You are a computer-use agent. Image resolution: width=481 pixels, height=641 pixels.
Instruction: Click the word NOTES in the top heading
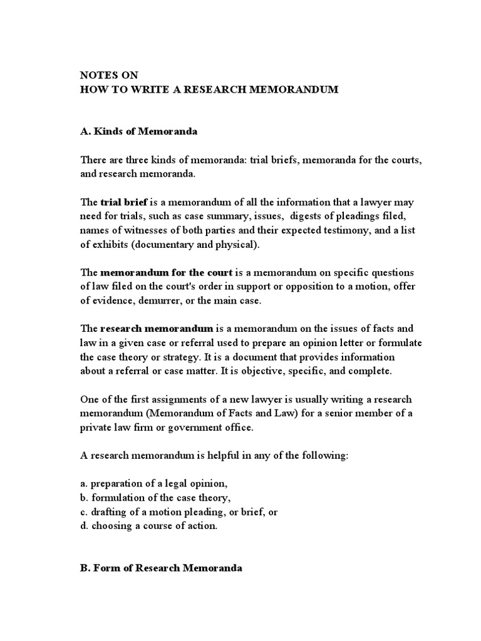[95, 75]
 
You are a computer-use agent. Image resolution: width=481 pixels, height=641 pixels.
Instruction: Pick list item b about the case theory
[156, 498]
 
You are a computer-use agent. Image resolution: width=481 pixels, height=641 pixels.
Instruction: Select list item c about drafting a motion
[179, 512]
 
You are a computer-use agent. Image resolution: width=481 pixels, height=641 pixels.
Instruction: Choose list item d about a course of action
[149, 526]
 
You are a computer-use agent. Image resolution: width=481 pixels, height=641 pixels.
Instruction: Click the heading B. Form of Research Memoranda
[161, 568]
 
